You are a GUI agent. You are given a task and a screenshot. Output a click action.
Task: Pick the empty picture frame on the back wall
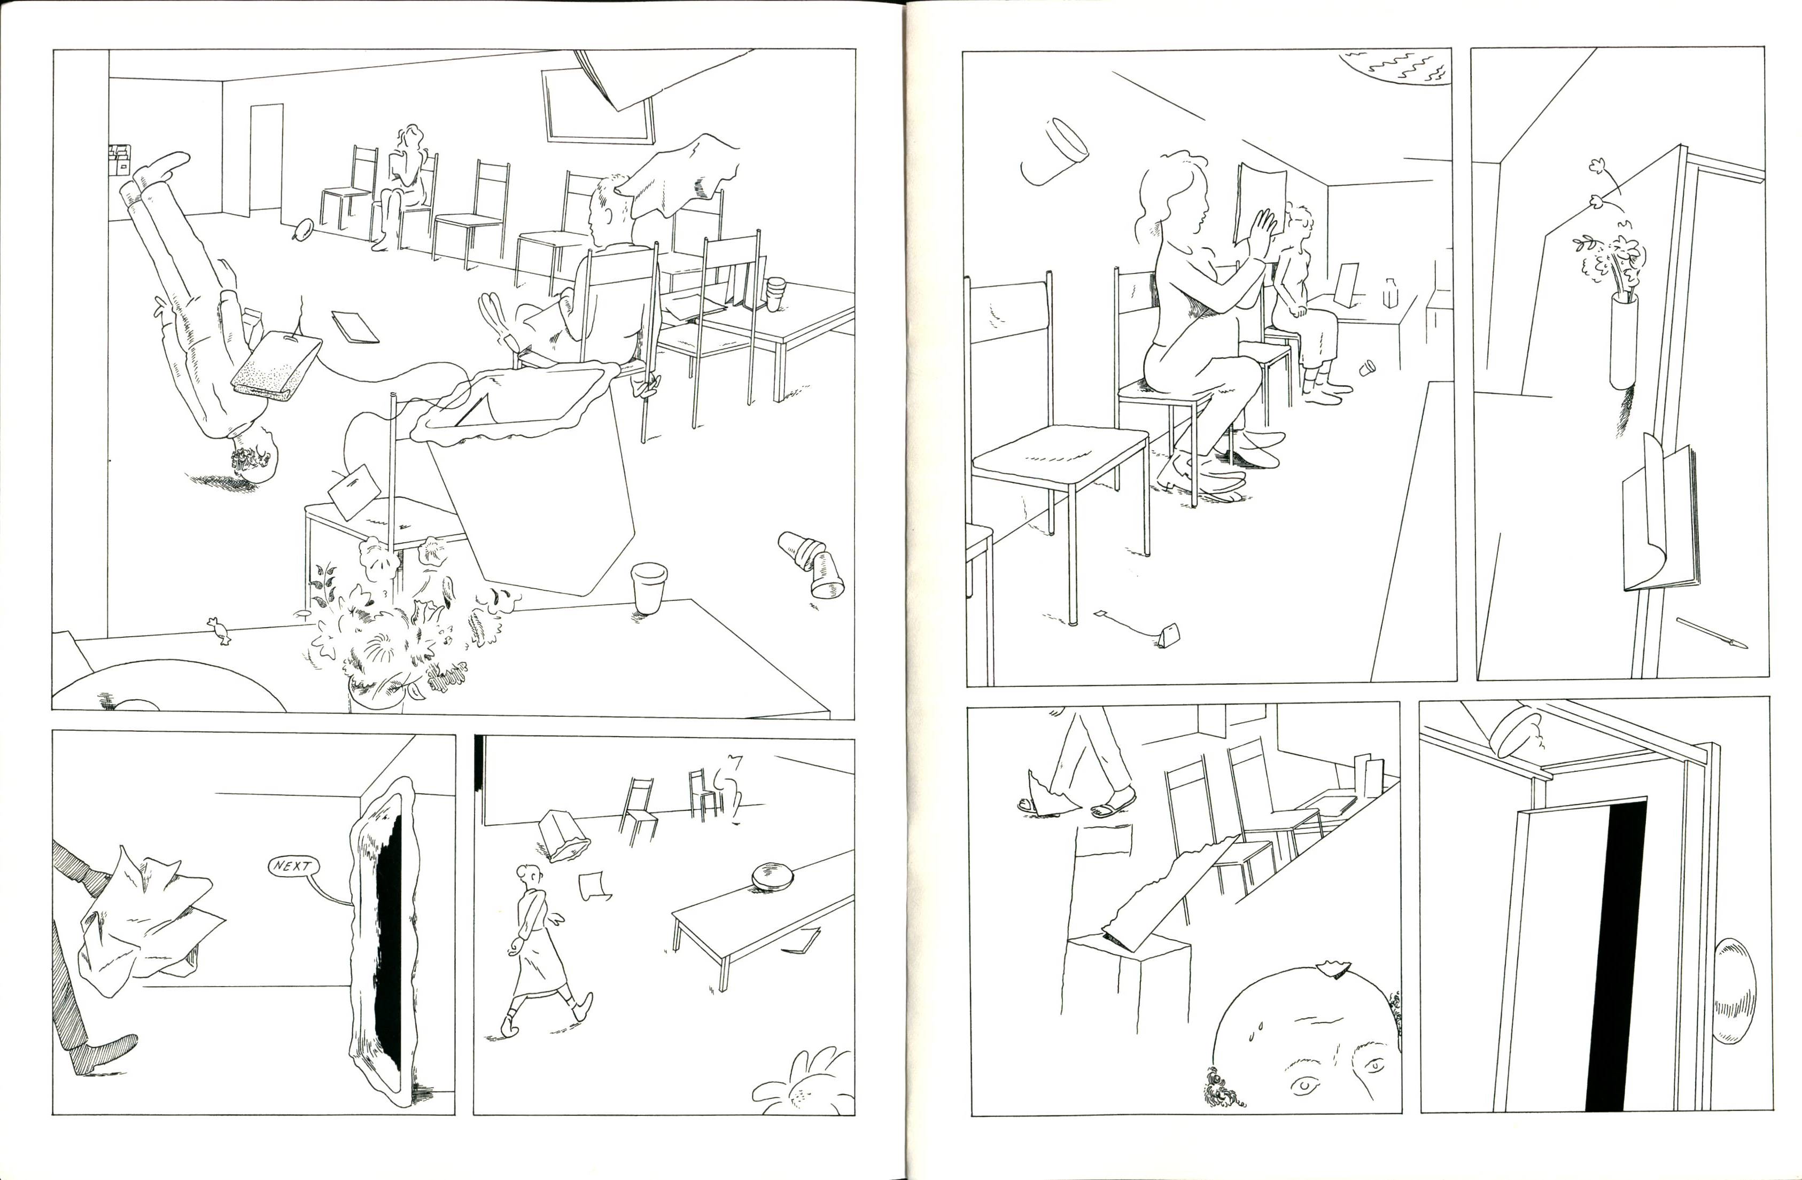pos(597,106)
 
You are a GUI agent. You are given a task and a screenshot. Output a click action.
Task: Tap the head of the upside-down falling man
pos(254,456)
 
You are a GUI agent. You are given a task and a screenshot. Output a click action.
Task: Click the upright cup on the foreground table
pos(648,587)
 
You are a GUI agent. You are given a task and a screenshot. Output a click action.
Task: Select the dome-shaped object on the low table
pos(772,876)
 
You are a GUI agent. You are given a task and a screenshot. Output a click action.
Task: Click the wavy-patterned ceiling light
pos(1397,68)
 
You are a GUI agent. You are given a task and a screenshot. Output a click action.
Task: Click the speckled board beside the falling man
pos(276,366)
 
